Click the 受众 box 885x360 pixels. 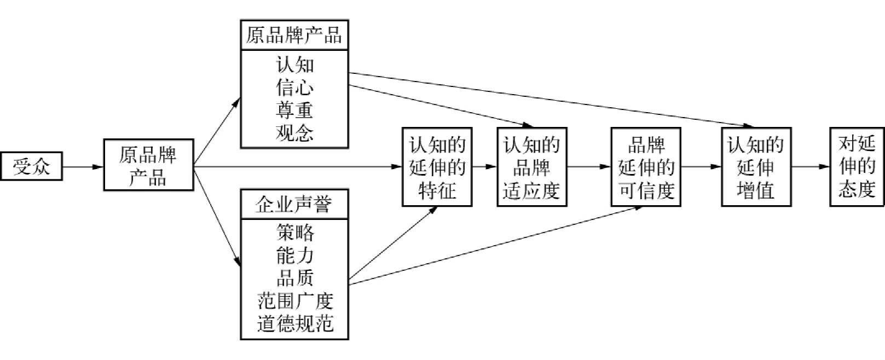pos(31,166)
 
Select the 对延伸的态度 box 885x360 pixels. pos(857,167)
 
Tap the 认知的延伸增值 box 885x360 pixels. pos(756,167)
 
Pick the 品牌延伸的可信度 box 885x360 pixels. pos(646,167)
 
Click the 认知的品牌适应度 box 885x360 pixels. pos(531,167)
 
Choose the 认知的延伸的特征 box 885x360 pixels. pos(437,167)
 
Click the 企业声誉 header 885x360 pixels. pos(294,204)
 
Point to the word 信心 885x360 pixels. pos(294,88)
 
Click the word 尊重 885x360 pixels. pos(294,110)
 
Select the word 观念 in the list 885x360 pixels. pos(294,133)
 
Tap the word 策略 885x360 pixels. pos(294,233)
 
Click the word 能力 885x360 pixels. pos(294,256)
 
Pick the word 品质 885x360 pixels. pos(294,278)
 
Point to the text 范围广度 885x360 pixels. pos(294,301)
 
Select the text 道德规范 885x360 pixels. pos(294,324)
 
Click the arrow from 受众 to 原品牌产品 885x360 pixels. pos(83,166)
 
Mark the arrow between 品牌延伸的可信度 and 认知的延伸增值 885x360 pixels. pos(701,166)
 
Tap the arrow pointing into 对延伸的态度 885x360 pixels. pos(810,166)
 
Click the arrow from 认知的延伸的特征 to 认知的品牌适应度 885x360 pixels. pos(484,166)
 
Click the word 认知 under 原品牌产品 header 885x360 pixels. pos(294,65)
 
